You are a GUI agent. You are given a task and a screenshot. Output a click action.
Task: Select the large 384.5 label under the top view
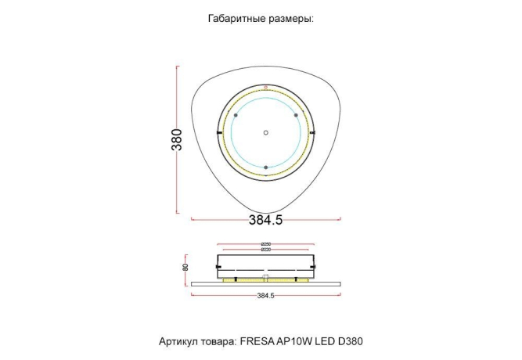[265, 220]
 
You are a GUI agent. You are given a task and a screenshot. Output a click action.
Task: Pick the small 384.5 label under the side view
[265, 295]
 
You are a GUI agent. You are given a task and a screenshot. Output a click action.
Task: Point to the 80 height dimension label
[185, 267]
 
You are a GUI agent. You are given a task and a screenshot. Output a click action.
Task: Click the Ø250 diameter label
[266, 244]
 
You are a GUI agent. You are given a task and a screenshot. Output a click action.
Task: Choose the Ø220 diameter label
[266, 250]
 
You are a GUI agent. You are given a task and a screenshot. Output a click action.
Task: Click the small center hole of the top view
[266, 131]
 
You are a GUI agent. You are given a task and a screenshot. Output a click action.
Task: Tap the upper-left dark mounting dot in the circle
[236, 115]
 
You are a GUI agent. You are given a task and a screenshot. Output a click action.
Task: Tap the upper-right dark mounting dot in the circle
[296, 115]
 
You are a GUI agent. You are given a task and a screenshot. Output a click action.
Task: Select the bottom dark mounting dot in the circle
[266, 167]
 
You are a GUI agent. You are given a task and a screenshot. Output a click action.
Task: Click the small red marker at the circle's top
[266, 87]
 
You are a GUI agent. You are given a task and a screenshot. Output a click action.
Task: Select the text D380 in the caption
[350, 342]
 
